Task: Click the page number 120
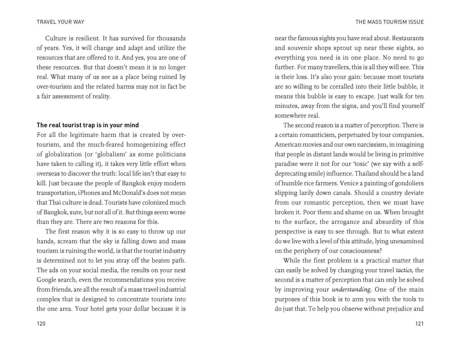coord(41,323)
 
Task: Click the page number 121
coord(419,323)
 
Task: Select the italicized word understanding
coord(351,290)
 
